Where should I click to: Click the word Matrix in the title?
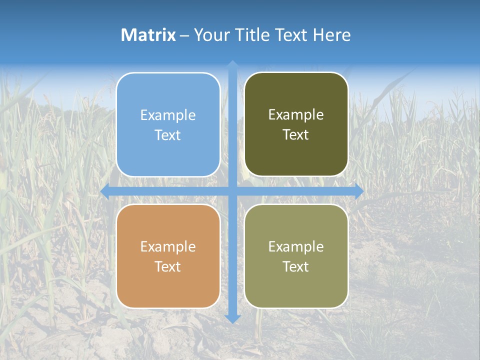click(x=148, y=35)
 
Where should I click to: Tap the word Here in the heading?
click(x=331, y=35)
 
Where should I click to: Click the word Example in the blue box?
click(x=168, y=115)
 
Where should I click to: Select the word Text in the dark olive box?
click(x=296, y=135)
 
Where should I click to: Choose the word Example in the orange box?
click(x=168, y=247)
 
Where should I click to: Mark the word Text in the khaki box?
click(x=296, y=266)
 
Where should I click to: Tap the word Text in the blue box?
click(x=168, y=135)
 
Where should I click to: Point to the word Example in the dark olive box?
click(x=296, y=115)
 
